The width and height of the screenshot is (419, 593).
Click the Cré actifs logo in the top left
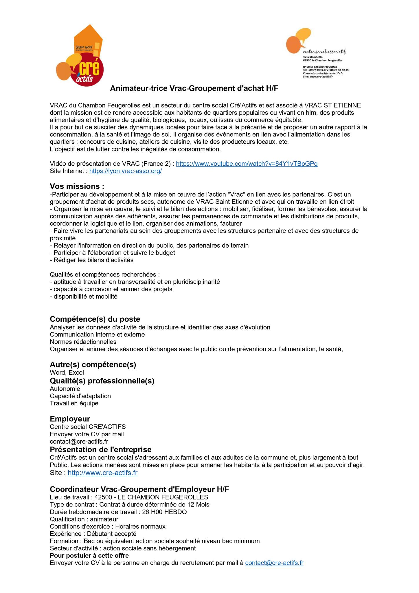[80, 55]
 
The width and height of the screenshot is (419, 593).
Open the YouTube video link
[247, 164]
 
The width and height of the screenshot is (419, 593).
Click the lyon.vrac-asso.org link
[125, 171]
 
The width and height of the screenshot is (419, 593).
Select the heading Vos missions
[77, 186]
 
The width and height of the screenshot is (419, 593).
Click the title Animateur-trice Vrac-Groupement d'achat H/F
[194, 89]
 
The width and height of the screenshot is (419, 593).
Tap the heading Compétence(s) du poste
[95, 319]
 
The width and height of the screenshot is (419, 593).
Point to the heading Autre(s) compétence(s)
[93, 365]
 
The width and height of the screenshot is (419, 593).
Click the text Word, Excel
[67, 372]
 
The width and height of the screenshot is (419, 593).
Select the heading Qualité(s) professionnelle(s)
[102, 381]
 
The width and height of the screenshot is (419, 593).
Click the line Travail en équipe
[74, 403]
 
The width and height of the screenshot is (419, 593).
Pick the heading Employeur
[70, 419]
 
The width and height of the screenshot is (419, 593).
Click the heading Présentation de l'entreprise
[100, 449]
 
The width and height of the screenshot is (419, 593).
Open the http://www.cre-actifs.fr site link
[102, 473]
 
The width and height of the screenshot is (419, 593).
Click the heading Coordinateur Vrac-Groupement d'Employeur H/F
[139, 489]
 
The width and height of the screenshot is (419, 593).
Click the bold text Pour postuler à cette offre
[89, 555]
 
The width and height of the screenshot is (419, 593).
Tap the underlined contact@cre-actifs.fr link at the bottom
[274, 563]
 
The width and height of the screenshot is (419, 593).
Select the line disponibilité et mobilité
[84, 296]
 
